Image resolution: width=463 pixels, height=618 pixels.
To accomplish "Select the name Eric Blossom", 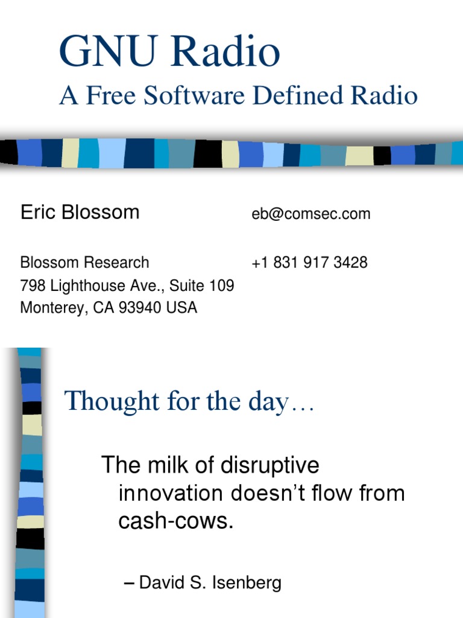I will click(80, 212).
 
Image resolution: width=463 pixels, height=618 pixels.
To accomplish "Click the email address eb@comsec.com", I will click(311, 214).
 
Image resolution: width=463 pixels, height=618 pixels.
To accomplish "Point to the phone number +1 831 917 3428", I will click(309, 263).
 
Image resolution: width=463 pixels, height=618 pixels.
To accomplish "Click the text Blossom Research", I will click(84, 263).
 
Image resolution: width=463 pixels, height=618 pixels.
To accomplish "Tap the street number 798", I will click(33, 285).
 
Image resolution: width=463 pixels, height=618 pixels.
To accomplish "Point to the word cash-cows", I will click(175, 521).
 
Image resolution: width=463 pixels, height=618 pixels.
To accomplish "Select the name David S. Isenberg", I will click(210, 583).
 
